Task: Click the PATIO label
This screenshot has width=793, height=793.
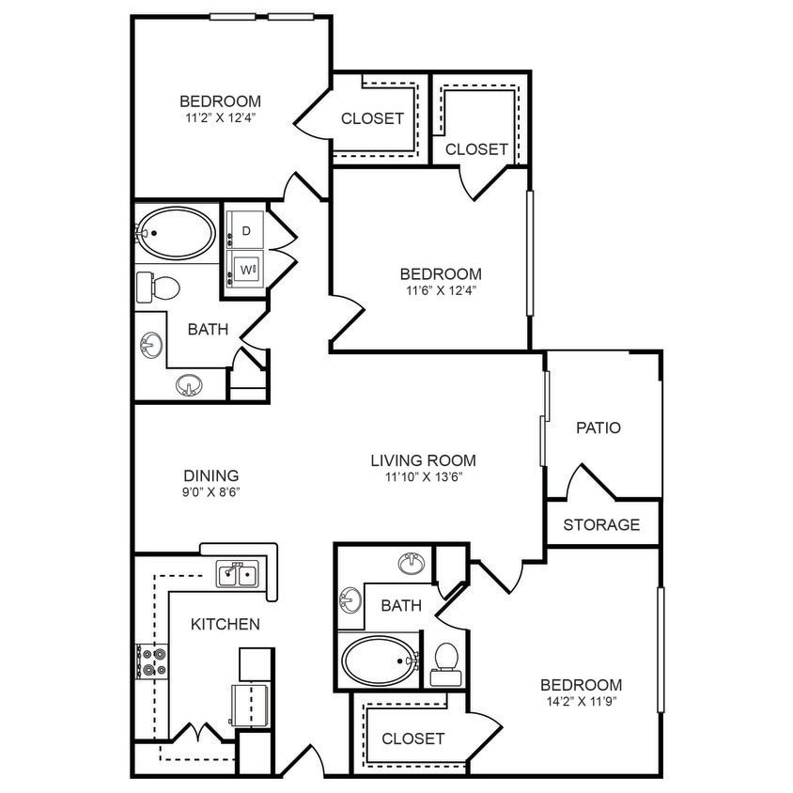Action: (599, 428)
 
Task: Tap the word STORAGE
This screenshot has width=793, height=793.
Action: (601, 524)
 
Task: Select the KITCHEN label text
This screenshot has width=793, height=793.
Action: (225, 624)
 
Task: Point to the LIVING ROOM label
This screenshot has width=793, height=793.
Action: (423, 460)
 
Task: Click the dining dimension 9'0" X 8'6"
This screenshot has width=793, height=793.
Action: (210, 492)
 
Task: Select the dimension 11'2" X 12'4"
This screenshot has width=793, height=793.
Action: (220, 117)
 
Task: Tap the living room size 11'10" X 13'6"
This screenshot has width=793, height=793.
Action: (423, 476)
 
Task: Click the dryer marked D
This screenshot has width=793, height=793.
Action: (246, 230)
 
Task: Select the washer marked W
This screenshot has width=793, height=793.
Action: (246, 270)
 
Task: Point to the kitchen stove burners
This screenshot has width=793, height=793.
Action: (153, 661)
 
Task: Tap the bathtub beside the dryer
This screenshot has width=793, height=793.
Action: (175, 232)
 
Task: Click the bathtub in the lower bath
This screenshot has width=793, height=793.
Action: (379, 661)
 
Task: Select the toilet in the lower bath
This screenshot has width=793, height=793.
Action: (446, 662)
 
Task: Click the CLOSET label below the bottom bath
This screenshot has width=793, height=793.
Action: (412, 739)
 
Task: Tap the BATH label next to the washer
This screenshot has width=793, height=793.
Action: (207, 329)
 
